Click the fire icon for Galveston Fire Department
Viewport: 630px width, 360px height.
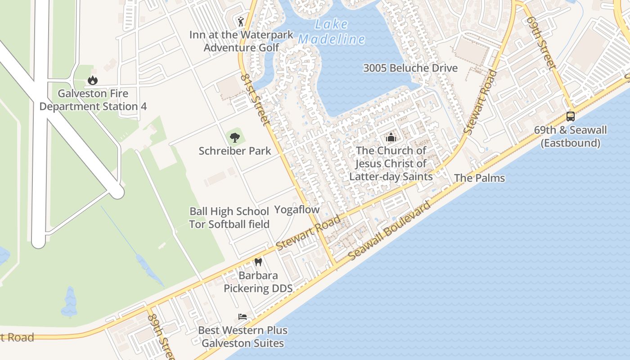tap(93, 80)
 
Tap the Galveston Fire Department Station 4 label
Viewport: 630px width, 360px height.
tap(93, 100)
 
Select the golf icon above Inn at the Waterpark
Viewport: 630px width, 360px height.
tap(241, 21)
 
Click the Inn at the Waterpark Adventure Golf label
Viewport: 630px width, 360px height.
tap(241, 41)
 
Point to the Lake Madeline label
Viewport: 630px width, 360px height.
tap(331, 32)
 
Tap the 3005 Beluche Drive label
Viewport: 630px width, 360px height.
tap(410, 68)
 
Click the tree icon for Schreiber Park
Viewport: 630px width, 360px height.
tap(234, 137)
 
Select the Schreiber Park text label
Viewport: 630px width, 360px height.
tap(235, 151)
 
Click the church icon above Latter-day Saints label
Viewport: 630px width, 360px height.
tap(391, 137)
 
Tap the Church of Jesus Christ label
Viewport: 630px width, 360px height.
tap(391, 163)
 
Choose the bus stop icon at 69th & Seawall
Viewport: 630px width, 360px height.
tap(570, 117)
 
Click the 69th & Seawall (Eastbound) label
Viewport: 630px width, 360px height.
tap(570, 136)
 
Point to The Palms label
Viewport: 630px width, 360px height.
tap(479, 178)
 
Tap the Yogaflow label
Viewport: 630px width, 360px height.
tap(297, 209)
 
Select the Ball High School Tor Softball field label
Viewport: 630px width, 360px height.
tap(229, 217)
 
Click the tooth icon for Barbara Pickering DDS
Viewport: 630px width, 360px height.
tap(258, 262)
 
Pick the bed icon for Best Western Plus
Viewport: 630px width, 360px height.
tap(243, 317)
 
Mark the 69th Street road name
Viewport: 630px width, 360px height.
tap(540, 43)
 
